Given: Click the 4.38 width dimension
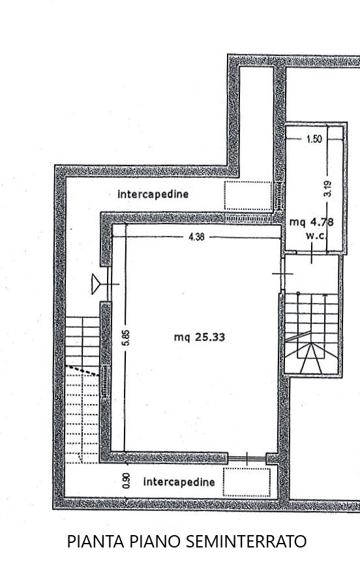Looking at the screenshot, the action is pos(196,237).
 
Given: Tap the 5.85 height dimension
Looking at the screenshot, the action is pos(126,337).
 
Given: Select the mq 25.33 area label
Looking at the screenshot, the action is pos(200,338).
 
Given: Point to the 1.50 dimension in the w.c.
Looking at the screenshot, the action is pos(314,139).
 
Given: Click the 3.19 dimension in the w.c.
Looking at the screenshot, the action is pos(327,189).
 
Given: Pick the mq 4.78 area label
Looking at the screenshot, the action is pos(311,222).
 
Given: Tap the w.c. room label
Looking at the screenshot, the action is pos(317,235).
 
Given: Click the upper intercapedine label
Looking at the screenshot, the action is pos(153,194).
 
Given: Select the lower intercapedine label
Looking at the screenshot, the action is pos(179,482).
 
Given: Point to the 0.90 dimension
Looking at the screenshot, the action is pos(126,480).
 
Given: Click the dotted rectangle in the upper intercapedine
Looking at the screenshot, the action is pos(248,196).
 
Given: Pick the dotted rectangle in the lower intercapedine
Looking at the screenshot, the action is pos(247,482).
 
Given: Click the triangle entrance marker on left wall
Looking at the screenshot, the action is pos(96,284).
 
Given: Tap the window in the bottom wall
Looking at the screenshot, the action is pos(247,459).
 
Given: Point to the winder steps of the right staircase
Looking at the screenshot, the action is pos(311,357).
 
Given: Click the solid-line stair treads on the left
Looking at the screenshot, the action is pos(82,342).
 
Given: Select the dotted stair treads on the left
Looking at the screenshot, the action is pos(82,415).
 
